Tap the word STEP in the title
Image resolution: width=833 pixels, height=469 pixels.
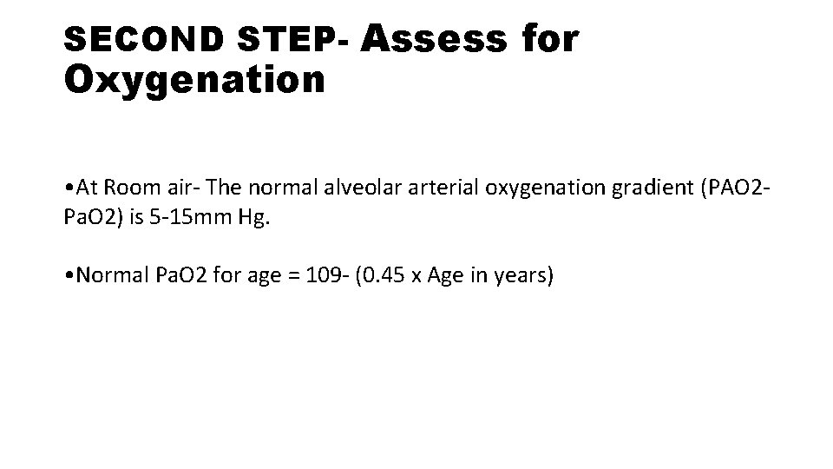tap(283, 40)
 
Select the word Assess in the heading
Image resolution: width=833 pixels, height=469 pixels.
tap(434, 38)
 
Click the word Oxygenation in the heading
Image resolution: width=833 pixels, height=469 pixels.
tap(195, 80)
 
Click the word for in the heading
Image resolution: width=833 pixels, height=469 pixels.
tap(547, 38)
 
